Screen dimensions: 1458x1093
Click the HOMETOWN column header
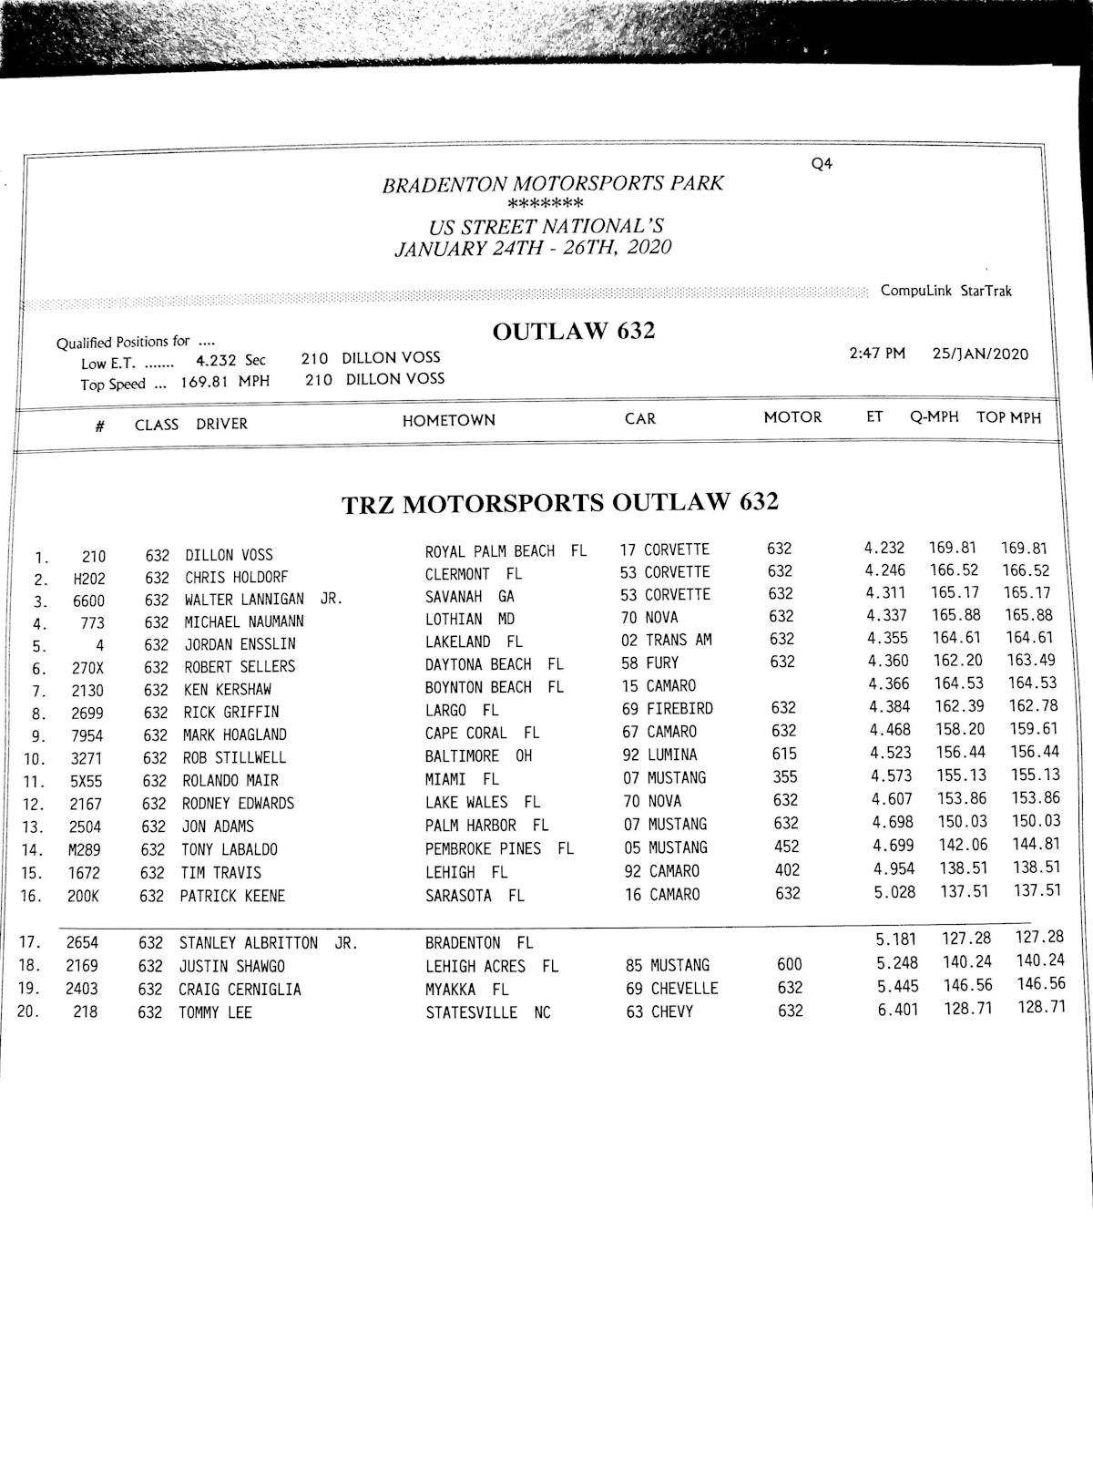click(x=449, y=420)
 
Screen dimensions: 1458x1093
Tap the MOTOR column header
click(x=792, y=417)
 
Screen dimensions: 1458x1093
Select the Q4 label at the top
click(x=822, y=164)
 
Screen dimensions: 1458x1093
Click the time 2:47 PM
click(x=877, y=354)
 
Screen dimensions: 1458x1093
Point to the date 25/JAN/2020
click(x=980, y=354)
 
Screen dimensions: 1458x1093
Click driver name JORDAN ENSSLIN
click(x=240, y=643)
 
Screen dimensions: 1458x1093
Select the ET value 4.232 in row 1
click(x=884, y=549)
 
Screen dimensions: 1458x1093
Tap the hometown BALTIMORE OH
click(x=478, y=756)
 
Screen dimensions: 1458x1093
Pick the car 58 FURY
click(x=650, y=662)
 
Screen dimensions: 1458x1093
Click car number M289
click(x=84, y=850)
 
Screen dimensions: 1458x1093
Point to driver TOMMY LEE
click(x=215, y=1012)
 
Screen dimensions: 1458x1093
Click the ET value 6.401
click(x=898, y=1011)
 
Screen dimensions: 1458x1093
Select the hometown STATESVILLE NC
click(x=488, y=1012)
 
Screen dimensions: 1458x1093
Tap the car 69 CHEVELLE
click(x=672, y=989)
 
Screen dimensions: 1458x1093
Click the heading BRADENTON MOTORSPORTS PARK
click(x=553, y=184)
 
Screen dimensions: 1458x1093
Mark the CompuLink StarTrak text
click(x=945, y=291)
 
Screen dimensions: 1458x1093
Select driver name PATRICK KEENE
click(x=232, y=896)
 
